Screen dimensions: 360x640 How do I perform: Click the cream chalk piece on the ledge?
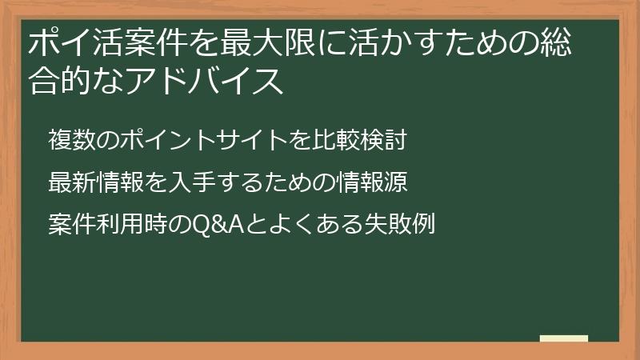click(x=564, y=338)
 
